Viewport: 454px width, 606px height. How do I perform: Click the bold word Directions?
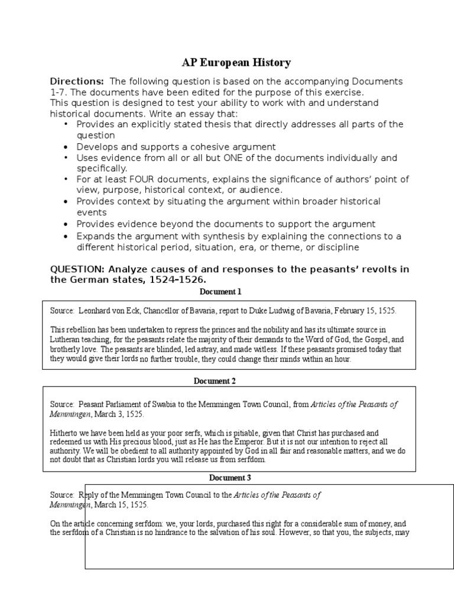click(x=77, y=81)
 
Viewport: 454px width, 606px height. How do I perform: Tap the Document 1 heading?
click(x=220, y=292)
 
